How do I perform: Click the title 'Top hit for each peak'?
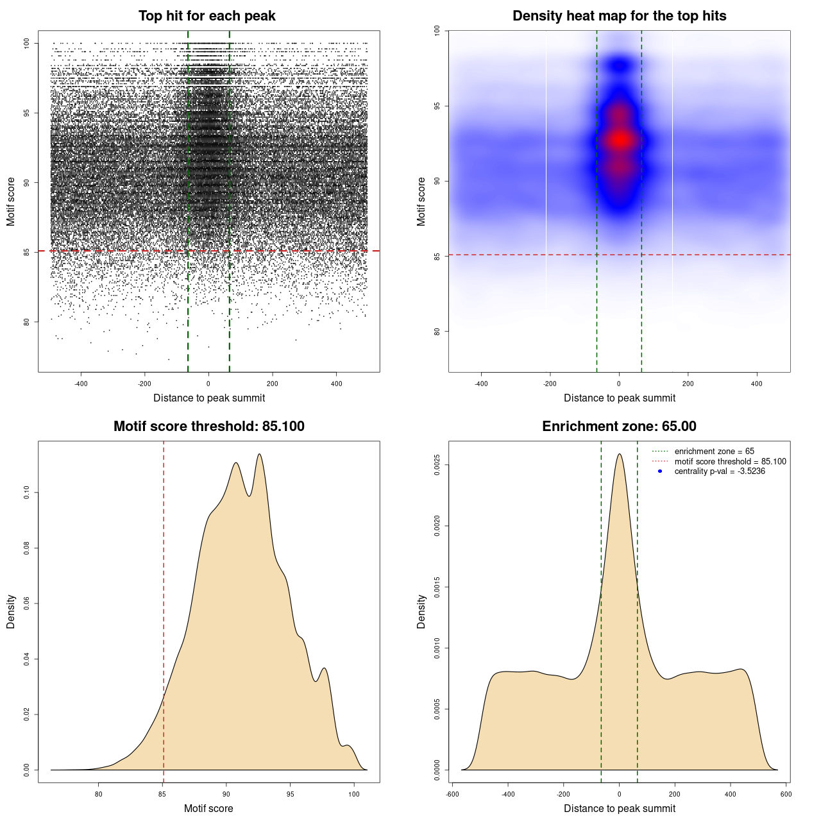(x=207, y=16)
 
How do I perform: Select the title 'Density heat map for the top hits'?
(x=619, y=16)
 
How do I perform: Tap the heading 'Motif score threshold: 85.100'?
(x=208, y=427)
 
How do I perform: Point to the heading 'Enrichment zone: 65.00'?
(x=619, y=427)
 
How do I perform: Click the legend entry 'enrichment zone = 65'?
(x=714, y=452)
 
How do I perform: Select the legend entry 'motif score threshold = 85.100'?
(x=730, y=461)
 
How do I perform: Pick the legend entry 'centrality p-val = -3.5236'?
(x=719, y=471)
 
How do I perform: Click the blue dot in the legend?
(x=660, y=471)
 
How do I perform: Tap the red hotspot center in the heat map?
(x=620, y=140)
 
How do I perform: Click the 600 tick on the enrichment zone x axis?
(x=786, y=794)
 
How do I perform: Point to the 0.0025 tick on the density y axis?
(x=437, y=464)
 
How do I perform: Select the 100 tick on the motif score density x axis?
(x=354, y=794)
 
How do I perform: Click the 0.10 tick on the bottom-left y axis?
(x=26, y=493)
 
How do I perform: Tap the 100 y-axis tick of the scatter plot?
(x=26, y=43)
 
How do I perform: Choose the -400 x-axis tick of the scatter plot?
(x=81, y=384)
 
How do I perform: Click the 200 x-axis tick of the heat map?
(x=688, y=384)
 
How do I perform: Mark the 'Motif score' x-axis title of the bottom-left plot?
(x=208, y=808)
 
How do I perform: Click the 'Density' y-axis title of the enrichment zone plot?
(x=421, y=611)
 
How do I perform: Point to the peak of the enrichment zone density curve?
(x=619, y=454)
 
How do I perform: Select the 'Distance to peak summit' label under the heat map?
(x=619, y=398)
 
